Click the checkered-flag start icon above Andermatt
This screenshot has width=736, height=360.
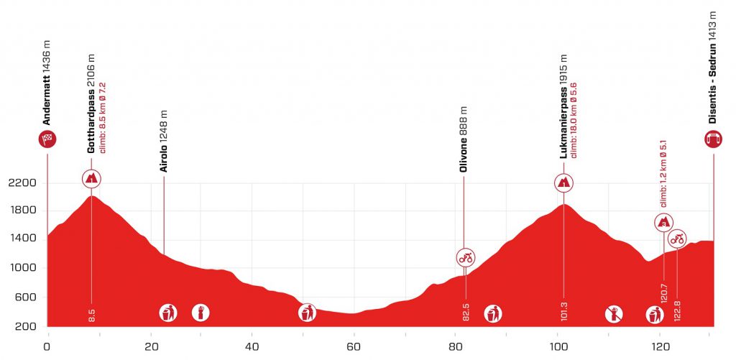point(47,139)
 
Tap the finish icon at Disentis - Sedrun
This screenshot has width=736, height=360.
point(714,139)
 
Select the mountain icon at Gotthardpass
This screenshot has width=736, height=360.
point(92,179)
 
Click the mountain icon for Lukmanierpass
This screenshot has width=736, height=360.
point(564,183)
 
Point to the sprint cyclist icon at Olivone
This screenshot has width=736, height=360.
point(466,257)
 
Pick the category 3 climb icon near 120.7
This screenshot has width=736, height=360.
point(663,222)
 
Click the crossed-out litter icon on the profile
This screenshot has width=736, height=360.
point(614,313)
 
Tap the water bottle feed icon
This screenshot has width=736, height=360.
point(201,313)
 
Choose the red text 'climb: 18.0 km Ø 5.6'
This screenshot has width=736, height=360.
point(574,119)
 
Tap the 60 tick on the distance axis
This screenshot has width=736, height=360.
point(353,346)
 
